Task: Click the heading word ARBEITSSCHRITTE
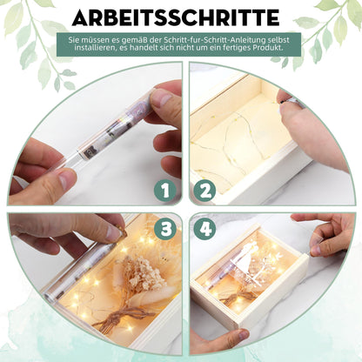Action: click(176, 17)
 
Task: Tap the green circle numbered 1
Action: click(165, 191)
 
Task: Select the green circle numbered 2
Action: click(204, 191)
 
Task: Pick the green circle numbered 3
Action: click(165, 229)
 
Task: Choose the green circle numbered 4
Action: click(204, 229)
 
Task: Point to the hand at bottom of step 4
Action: click(219, 342)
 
